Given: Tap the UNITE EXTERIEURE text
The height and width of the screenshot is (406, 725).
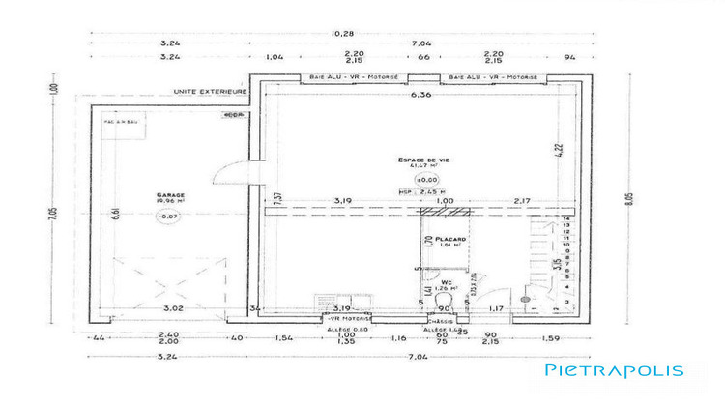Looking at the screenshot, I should click(210, 92).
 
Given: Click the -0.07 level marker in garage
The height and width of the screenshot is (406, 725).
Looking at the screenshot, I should click(170, 217).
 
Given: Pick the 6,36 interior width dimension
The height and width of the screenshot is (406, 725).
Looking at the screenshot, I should click(420, 97).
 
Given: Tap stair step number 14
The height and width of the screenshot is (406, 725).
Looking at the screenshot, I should click(565, 220).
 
